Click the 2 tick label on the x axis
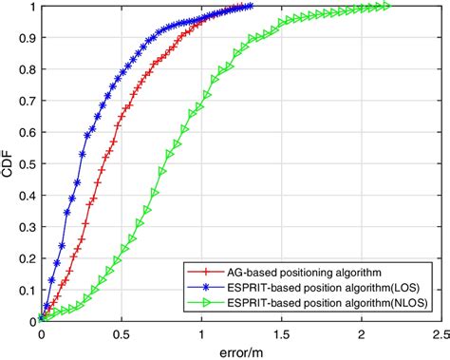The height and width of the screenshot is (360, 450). pos(361,334)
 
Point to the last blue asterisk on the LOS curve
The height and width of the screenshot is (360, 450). pos(250,7)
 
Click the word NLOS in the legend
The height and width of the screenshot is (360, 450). pos(407,302)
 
